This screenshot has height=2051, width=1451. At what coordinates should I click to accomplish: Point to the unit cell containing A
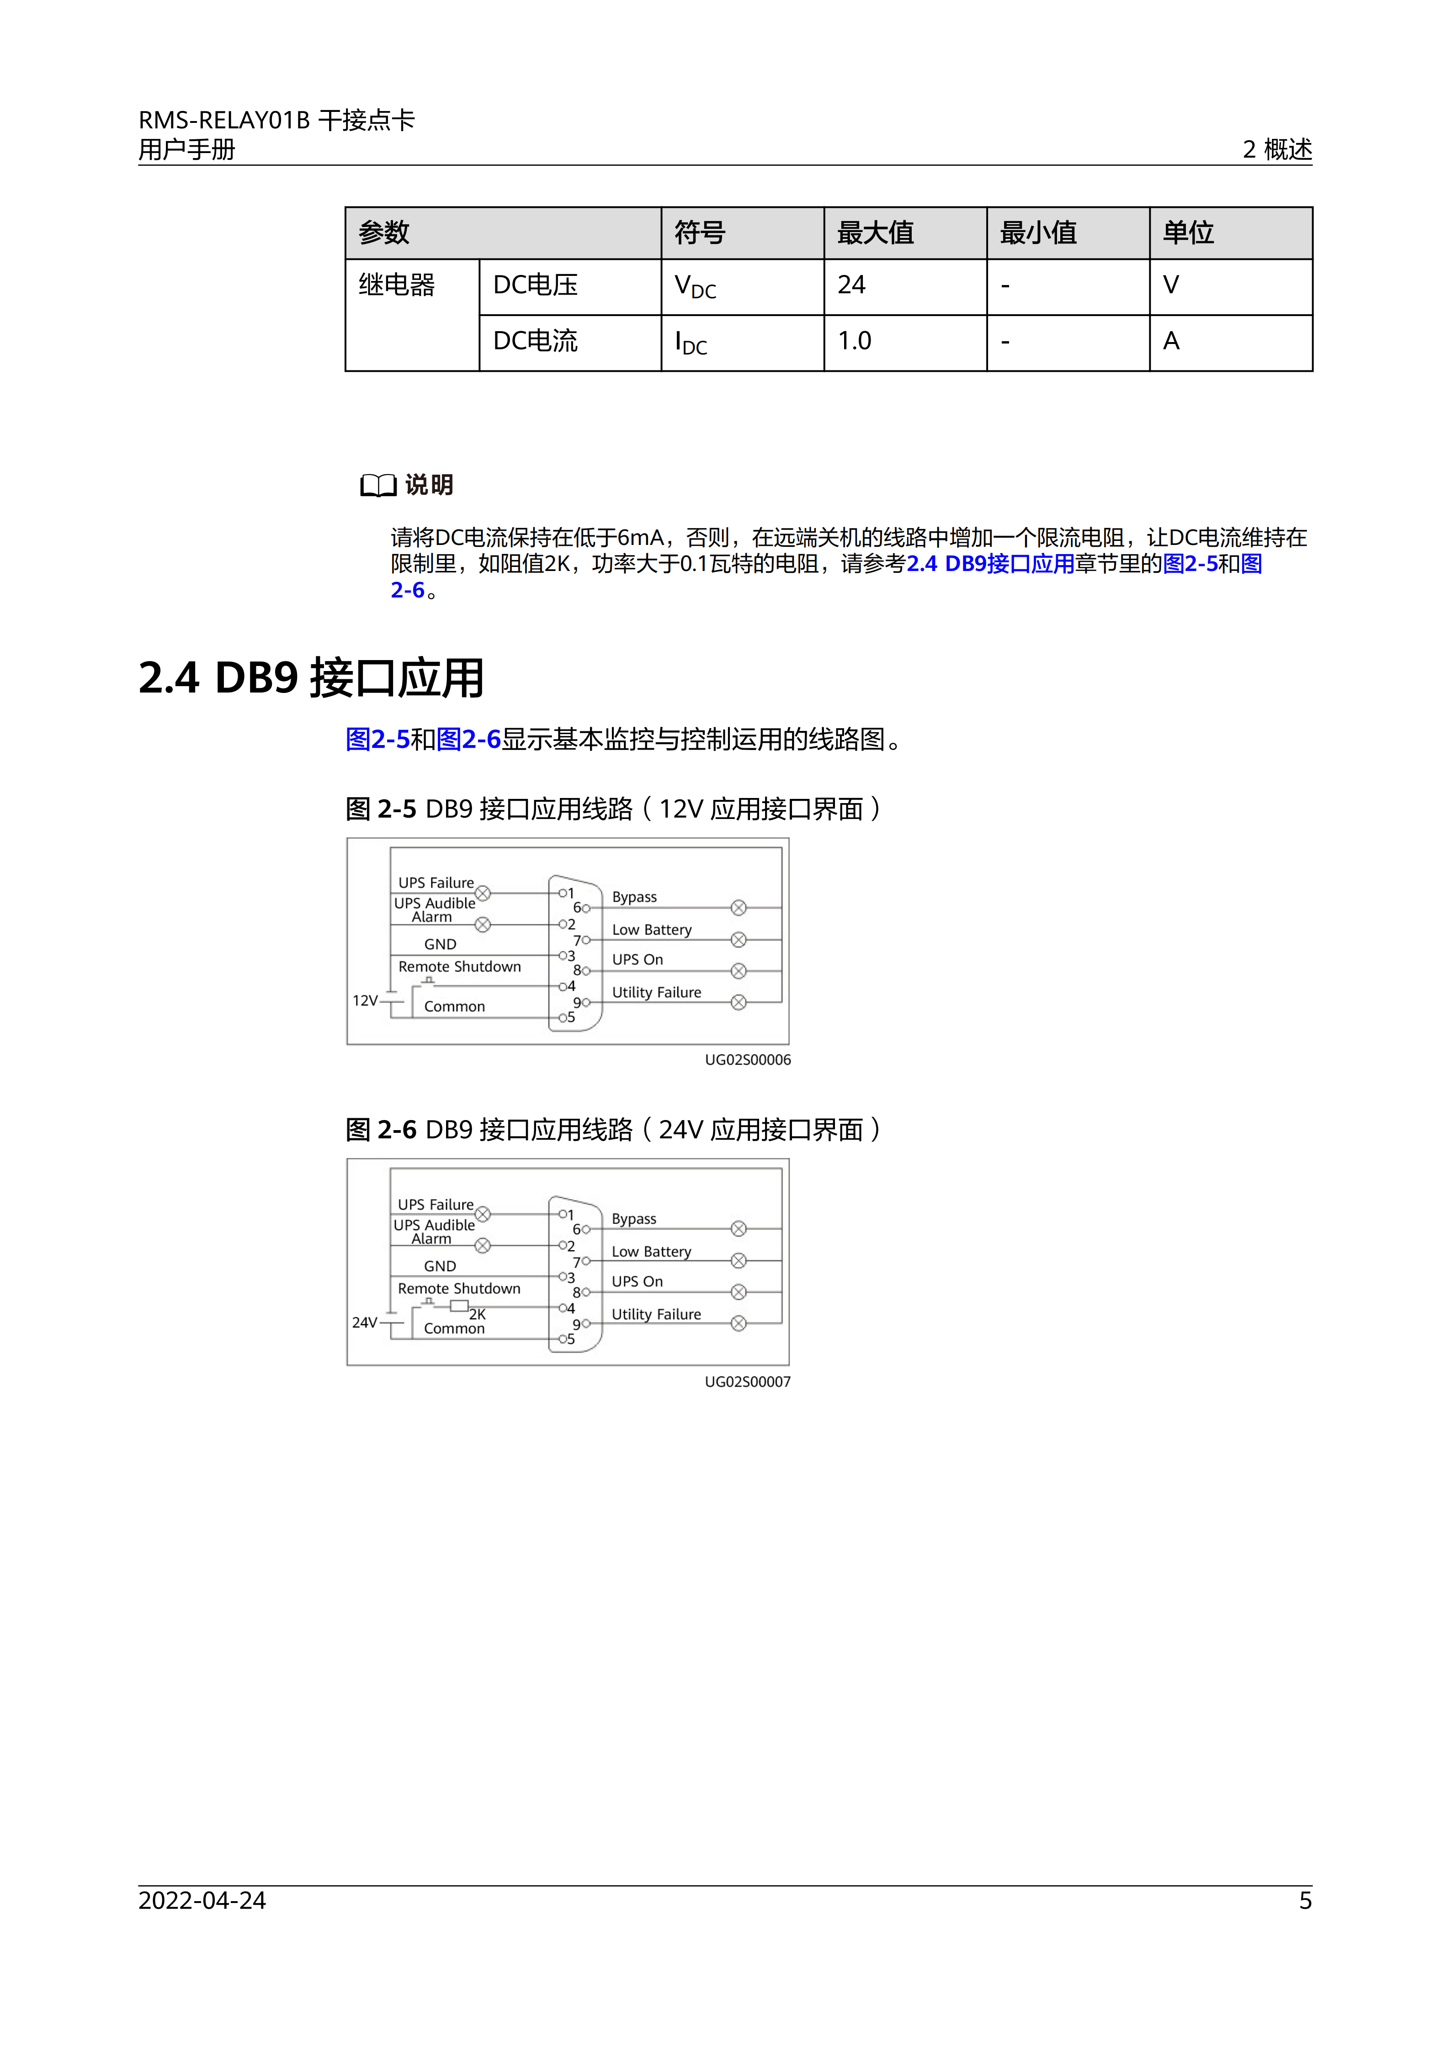pos(1171,341)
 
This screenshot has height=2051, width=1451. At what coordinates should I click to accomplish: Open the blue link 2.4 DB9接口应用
pos(990,564)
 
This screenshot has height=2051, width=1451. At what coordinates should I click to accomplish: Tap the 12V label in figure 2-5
pos(365,1000)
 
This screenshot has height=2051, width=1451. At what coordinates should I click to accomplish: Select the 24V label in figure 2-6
pos(365,1322)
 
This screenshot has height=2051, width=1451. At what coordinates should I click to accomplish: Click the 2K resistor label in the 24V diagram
pos(478,1314)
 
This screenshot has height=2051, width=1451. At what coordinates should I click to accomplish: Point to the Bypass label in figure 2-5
pos(634,897)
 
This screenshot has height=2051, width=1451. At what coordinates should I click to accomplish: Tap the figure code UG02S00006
pos(748,1060)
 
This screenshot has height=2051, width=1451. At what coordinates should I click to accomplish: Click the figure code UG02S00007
pos(748,1382)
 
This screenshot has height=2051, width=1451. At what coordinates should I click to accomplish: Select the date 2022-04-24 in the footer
pos(202,1900)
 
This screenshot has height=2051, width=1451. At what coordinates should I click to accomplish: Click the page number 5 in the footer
pos(1305,1900)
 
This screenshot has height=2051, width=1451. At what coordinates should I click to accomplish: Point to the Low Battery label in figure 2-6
pos(651,1252)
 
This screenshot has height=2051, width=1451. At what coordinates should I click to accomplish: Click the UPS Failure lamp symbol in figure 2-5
pos(483,893)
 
